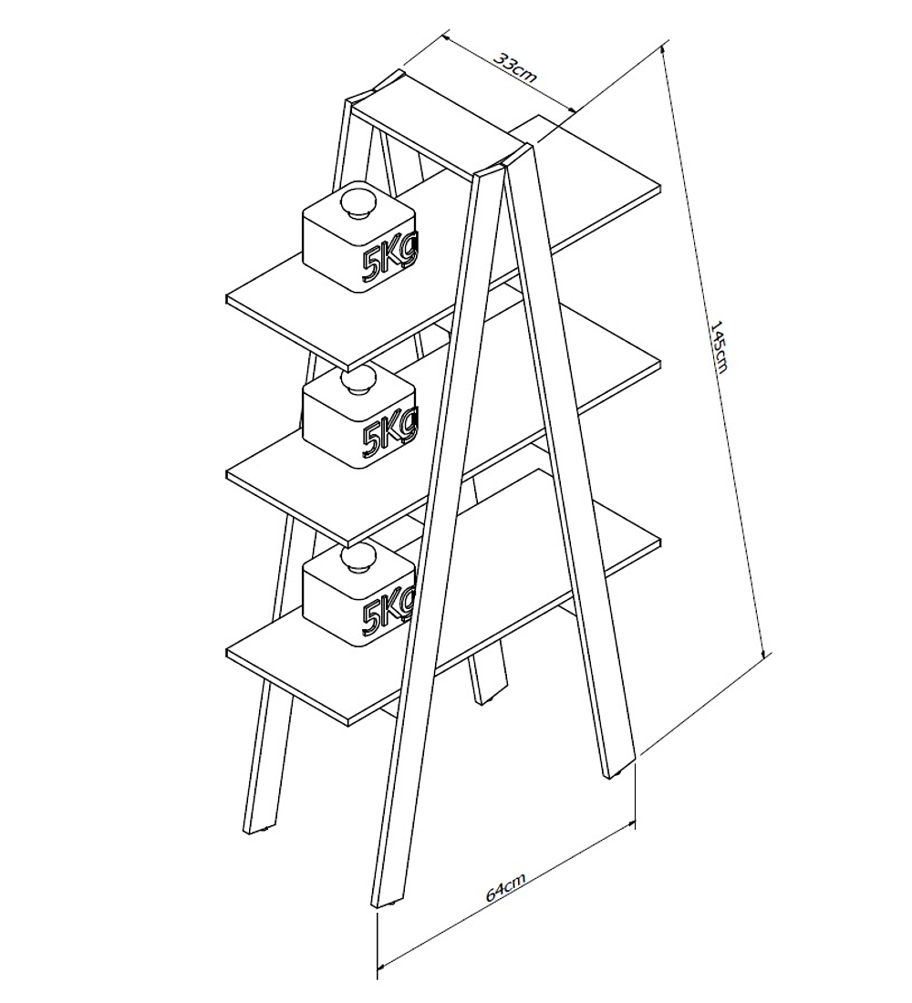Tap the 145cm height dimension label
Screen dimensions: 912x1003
click(x=720, y=346)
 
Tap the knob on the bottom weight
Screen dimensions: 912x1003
click(x=358, y=558)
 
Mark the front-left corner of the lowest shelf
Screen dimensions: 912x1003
click(x=227, y=653)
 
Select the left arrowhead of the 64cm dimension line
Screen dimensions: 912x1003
click(x=384, y=964)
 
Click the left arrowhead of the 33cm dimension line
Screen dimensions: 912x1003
click(x=448, y=38)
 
